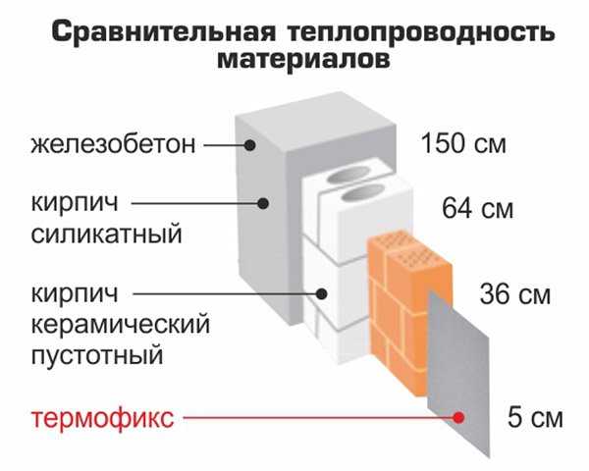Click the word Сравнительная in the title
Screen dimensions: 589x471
[163, 31]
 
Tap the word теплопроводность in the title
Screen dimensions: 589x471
[421, 32]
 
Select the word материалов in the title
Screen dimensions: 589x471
[303, 59]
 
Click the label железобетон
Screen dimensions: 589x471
[113, 144]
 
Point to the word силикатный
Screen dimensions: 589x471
[106, 234]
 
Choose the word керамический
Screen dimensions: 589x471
[121, 326]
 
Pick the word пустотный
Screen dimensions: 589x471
[97, 355]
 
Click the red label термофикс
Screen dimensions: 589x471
[102, 418]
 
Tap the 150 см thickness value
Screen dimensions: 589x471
[464, 143]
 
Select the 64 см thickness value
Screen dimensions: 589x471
[477, 209]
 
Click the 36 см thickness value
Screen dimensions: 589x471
[515, 294]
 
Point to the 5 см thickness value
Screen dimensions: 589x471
[535, 418]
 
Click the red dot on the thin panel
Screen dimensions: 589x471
[458, 417]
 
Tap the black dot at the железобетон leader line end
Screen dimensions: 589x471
[249, 144]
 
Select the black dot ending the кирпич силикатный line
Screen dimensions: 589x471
[263, 203]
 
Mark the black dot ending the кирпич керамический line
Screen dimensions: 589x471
[321, 294]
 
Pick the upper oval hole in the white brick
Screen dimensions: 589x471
[347, 175]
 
